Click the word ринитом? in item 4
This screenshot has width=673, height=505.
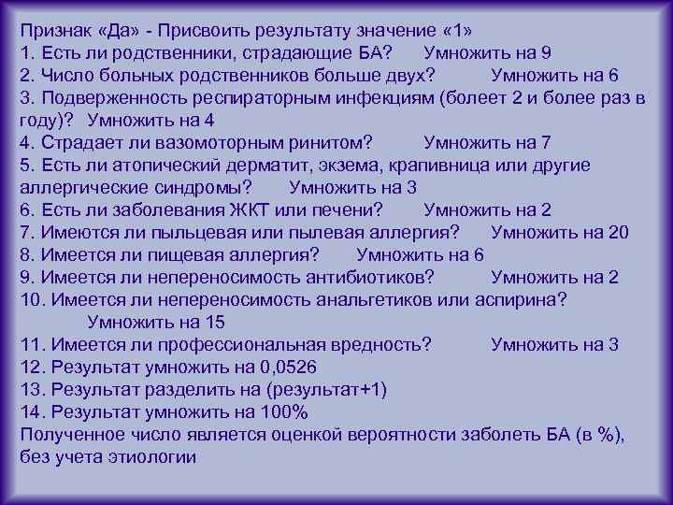pos(326,142)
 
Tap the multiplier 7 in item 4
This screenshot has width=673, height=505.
pos(545,142)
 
